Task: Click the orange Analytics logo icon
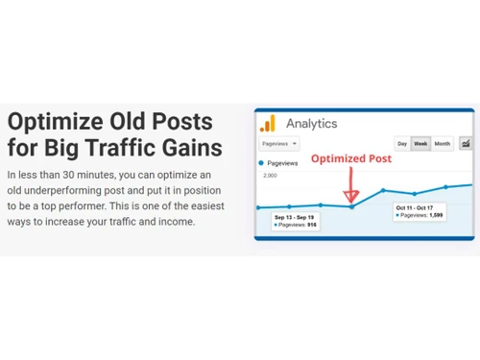point(267,123)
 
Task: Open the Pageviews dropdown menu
point(278,144)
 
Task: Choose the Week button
point(420,144)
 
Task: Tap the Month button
point(442,144)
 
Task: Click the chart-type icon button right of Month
point(466,144)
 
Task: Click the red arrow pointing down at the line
point(351,187)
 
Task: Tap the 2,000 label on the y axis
point(271,176)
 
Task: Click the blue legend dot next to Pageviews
point(261,163)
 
